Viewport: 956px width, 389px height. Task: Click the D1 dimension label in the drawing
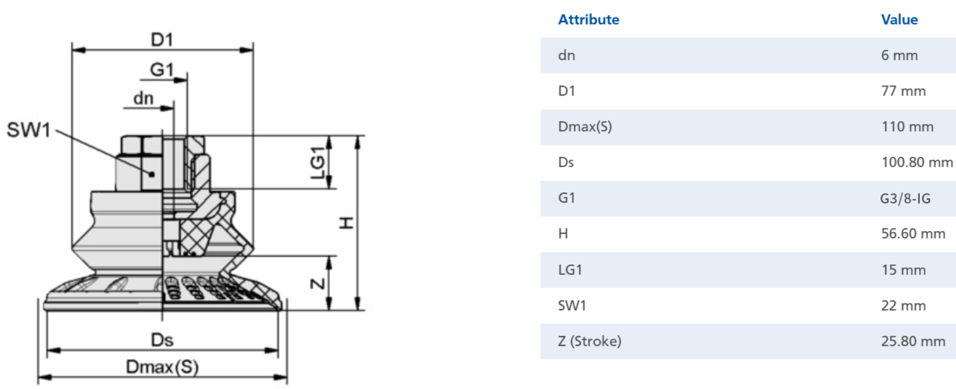tap(162, 40)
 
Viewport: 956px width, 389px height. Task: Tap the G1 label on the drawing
tap(162, 69)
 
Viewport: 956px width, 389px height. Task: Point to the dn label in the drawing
tap(144, 98)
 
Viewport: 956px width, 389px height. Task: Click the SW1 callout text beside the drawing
tap(28, 130)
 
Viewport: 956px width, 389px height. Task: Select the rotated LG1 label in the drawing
tap(318, 162)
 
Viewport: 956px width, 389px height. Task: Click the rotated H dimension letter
tap(347, 222)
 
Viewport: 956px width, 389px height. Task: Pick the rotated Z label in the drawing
tap(318, 283)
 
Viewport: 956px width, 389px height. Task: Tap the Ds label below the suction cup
tap(162, 340)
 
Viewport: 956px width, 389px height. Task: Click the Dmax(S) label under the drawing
tap(162, 367)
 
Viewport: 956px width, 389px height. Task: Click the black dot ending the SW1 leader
tap(152, 174)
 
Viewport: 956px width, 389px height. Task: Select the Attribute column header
tap(588, 20)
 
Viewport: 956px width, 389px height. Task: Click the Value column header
tap(899, 20)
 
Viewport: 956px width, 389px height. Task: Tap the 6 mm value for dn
tap(899, 55)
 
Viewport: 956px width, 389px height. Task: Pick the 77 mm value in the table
tap(903, 91)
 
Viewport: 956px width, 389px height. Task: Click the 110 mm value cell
tap(907, 127)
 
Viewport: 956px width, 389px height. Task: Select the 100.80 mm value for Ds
tap(916, 162)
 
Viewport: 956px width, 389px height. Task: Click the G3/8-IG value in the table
tap(905, 199)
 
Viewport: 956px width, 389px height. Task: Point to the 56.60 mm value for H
tap(913, 234)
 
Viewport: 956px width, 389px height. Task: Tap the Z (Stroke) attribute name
tap(590, 342)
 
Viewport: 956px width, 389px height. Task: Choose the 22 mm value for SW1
tap(903, 306)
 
